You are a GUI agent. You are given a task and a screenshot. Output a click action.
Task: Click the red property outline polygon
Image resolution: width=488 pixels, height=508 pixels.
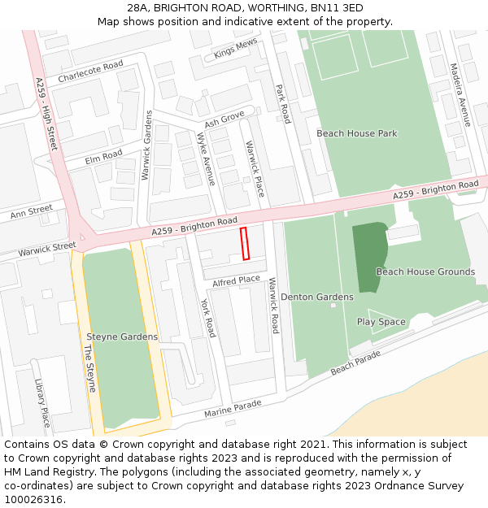pyautogui.click(x=244, y=244)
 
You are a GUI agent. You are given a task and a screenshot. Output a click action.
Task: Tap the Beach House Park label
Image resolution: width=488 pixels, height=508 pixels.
pyautogui.click(x=356, y=133)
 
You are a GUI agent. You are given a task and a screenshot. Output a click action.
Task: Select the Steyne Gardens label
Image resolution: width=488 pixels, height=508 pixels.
pyautogui.click(x=122, y=336)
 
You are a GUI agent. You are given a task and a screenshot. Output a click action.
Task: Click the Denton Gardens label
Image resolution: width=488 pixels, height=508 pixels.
pyautogui.click(x=317, y=297)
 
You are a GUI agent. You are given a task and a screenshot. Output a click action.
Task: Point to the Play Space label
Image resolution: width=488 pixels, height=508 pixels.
pyautogui.click(x=381, y=322)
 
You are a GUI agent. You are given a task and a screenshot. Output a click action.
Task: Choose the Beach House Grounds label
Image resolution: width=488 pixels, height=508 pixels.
pyautogui.click(x=425, y=271)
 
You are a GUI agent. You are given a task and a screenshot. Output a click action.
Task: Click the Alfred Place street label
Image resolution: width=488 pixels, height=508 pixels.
pyautogui.click(x=236, y=281)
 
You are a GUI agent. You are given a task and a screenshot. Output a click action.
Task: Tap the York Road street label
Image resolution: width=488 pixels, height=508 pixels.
pyautogui.click(x=208, y=318)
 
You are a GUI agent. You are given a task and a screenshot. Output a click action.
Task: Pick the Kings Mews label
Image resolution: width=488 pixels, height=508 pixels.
pyautogui.click(x=235, y=50)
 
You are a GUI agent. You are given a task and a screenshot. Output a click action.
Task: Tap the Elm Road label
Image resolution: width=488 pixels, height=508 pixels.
pyautogui.click(x=104, y=156)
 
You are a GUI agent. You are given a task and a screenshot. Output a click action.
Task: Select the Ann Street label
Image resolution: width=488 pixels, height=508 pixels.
pyautogui.click(x=31, y=212)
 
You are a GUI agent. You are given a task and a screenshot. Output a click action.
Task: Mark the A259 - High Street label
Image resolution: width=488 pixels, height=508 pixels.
pyautogui.click(x=46, y=115)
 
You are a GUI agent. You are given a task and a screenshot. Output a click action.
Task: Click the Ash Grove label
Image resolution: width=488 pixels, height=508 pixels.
pyautogui.click(x=224, y=120)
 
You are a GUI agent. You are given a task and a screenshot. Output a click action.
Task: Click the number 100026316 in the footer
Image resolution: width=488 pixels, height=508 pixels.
pyautogui.click(x=33, y=500)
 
